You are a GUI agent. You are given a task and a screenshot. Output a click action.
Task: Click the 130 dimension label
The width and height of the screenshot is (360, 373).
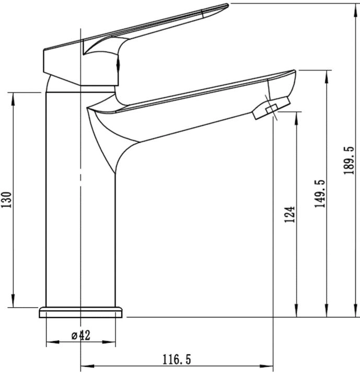click(x=6, y=199)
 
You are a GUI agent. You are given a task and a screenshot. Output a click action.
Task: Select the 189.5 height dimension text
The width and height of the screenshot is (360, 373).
click(x=349, y=160)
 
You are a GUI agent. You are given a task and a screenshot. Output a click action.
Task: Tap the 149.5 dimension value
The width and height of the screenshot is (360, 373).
click(x=320, y=194)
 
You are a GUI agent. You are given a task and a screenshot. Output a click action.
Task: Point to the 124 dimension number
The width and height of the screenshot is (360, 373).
click(x=290, y=214)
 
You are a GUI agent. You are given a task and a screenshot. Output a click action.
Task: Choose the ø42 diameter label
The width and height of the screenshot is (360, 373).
click(x=81, y=335)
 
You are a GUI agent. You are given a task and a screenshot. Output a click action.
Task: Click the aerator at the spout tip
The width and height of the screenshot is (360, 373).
click(x=271, y=108)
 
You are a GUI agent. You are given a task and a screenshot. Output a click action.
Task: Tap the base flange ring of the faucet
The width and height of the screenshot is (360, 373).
click(x=81, y=312)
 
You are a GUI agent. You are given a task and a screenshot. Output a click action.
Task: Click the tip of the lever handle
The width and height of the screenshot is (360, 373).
click(x=227, y=5)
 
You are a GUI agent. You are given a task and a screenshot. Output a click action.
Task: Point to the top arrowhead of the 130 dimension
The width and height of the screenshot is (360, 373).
click(x=13, y=98)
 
